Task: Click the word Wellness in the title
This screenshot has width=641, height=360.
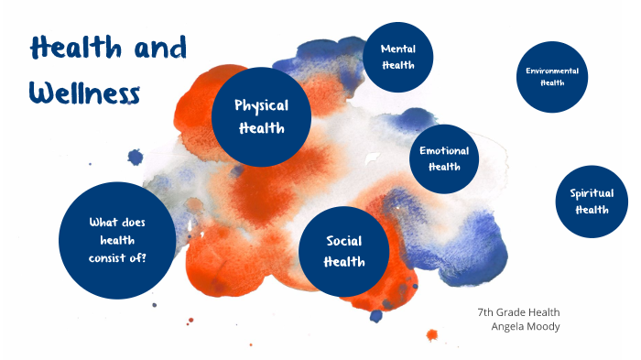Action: click(84, 92)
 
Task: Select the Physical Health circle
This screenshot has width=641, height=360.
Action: click(262, 116)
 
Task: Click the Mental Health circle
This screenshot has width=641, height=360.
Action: click(398, 57)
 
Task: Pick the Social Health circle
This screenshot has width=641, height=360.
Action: click(344, 251)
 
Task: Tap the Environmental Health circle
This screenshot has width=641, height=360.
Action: click(552, 77)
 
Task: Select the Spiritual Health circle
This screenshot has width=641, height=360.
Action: click(592, 201)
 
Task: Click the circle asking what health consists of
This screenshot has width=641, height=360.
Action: click(117, 240)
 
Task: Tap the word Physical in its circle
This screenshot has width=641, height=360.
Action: click(262, 105)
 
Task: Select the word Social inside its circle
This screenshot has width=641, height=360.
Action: click(344, 241)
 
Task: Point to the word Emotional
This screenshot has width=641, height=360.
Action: click(444, 151)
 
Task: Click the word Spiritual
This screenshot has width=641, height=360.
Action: click(592, 192)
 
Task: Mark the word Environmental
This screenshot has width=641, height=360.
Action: click(552, 71)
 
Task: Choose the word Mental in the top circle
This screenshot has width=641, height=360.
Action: click(398, 49)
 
